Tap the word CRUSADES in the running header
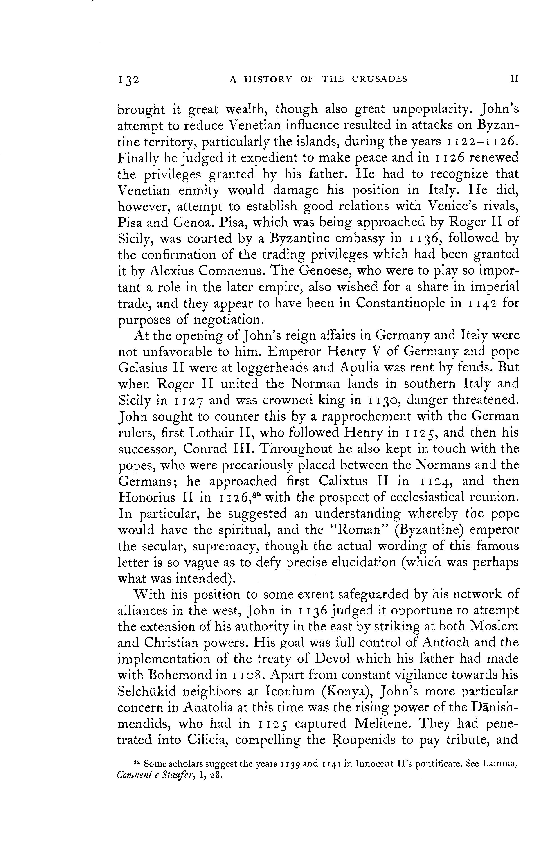click(380, 79)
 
